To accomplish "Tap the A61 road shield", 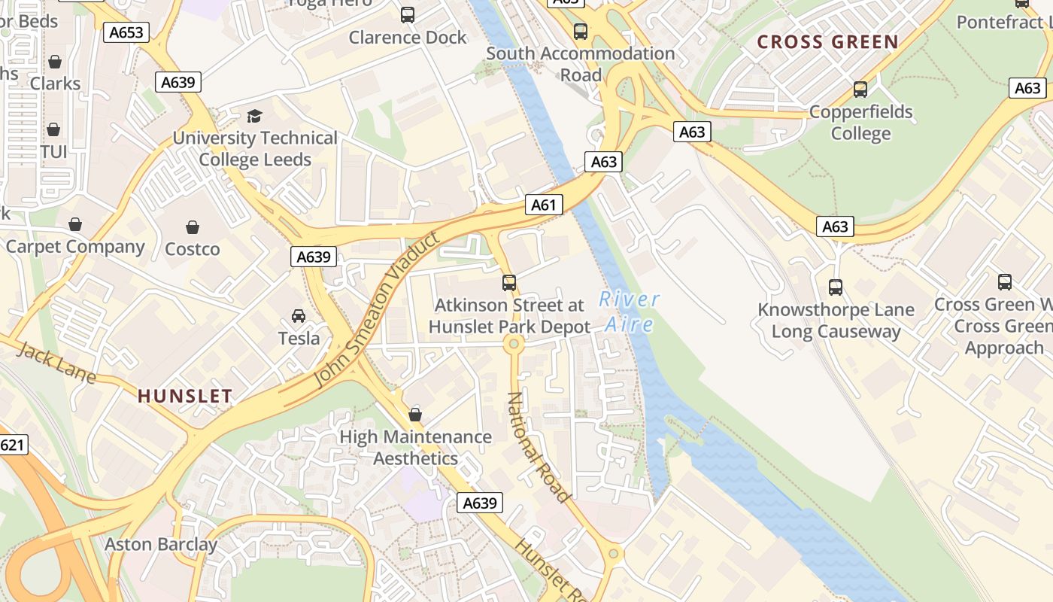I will point(543,205).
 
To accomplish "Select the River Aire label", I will point(630,312).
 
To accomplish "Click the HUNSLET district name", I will point(185,396).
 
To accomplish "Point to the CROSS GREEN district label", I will point(827,42).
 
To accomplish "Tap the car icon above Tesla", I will point(299,315).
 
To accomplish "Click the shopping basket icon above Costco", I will point(193,227).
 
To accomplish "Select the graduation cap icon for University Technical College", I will point(254,116).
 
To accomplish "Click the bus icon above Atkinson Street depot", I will point(509,283).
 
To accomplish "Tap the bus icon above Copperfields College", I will point(860,90).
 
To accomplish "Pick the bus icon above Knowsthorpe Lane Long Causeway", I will point(836,287).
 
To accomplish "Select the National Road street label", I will point(538,447).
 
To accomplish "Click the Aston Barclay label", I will point(161,544).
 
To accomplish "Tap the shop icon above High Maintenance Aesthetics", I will point(415,415).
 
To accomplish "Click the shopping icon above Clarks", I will point(55,62).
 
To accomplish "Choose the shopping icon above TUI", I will point(53,130).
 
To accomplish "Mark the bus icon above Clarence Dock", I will point(408,14).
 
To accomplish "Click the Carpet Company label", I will point(75,247).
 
